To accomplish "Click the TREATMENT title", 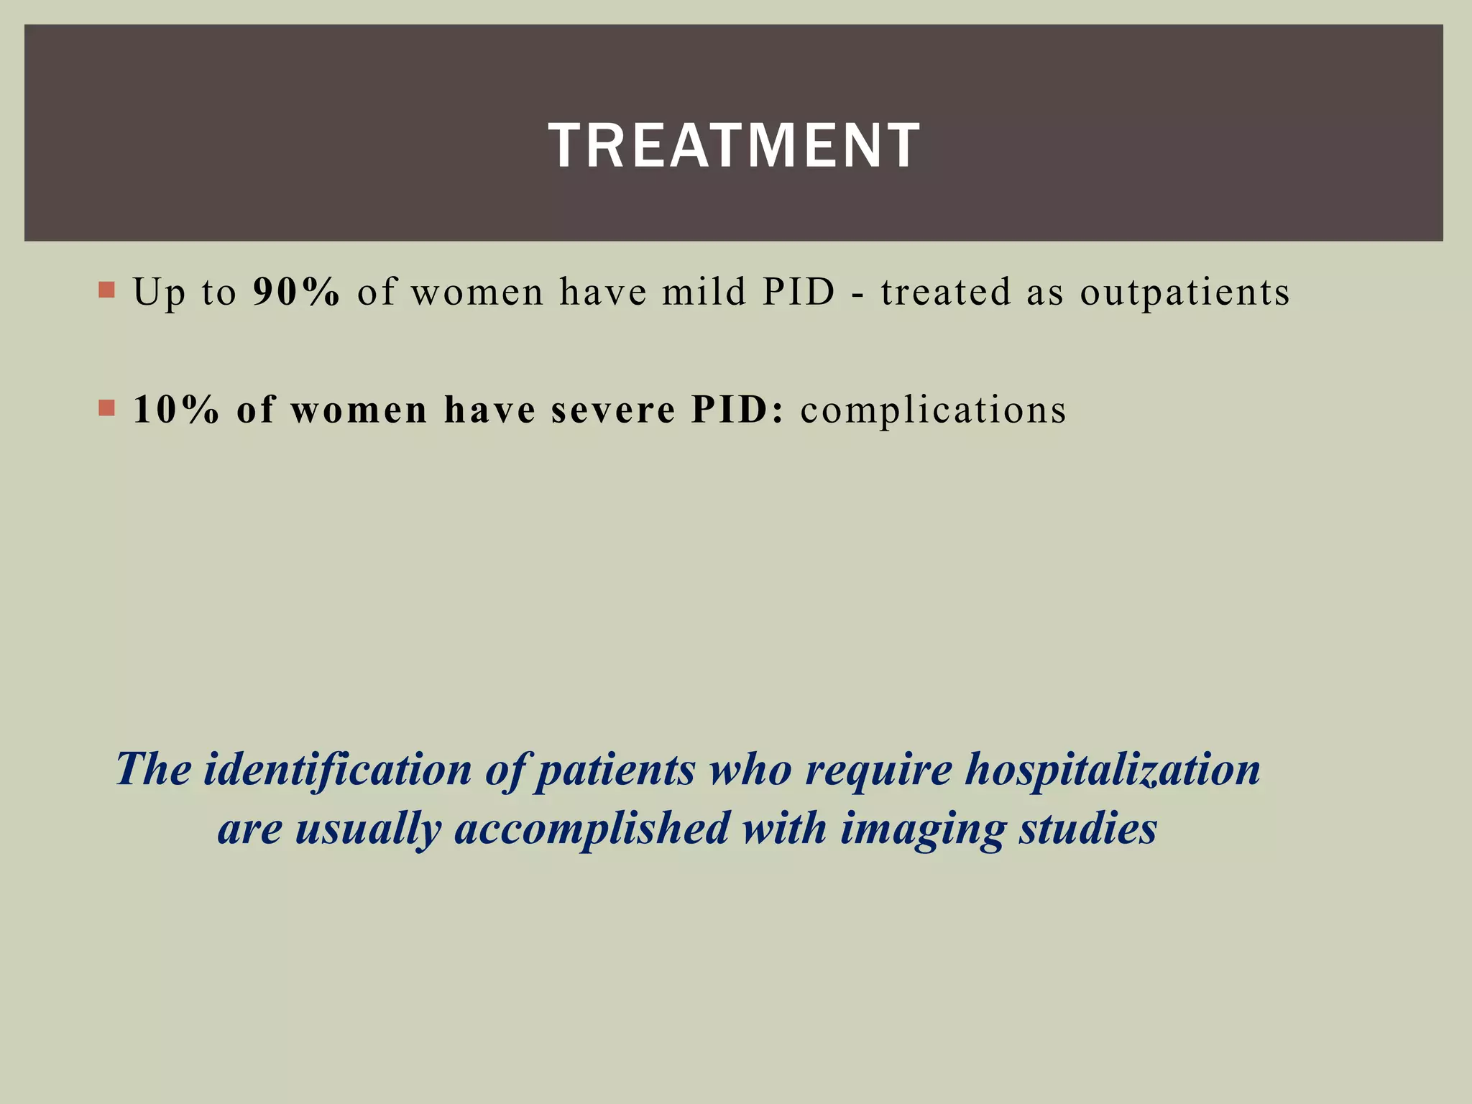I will (x=734, y=146).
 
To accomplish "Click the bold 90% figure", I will (x=296, y=293).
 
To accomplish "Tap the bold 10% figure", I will (x=176, y=410).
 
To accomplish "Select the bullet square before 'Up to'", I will (x=106, y=290).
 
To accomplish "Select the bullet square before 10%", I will (x=106, y=408).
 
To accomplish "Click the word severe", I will (x=613, y=410).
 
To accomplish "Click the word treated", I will (x=946, y=293).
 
